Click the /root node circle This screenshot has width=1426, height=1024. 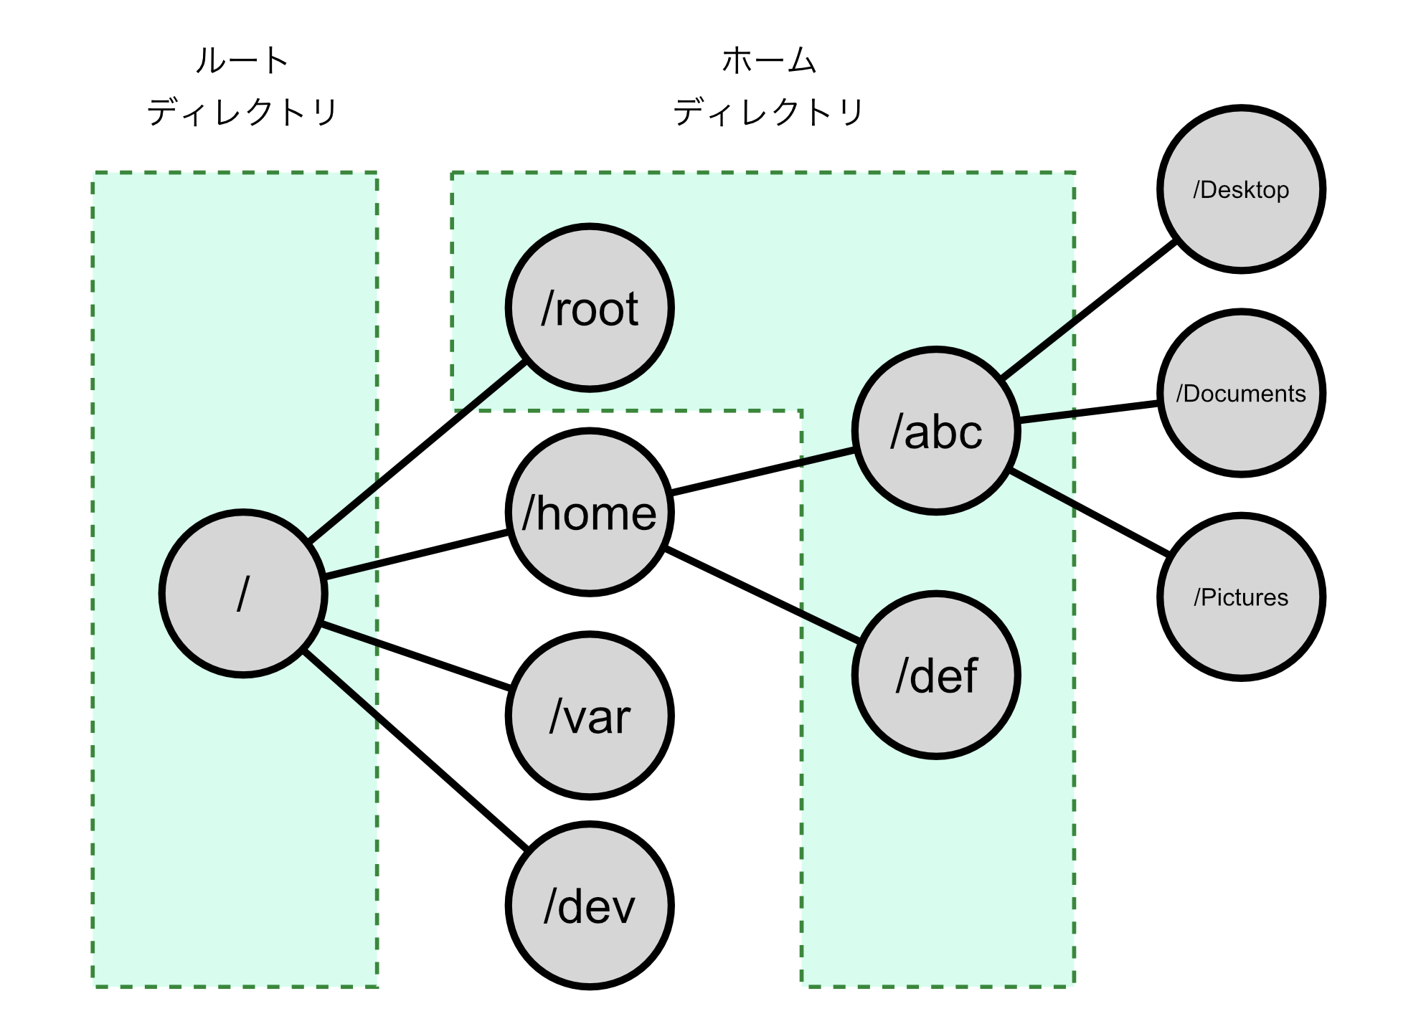[590, 308]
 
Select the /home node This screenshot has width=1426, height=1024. [590, 512]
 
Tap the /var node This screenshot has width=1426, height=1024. [590, 716]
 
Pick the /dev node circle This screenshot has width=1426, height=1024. [590, 906]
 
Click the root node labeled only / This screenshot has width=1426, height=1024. [243, 593]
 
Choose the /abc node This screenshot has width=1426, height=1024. [936, 431]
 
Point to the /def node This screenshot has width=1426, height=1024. [936, 675]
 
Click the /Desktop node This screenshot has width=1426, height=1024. [1241, 189]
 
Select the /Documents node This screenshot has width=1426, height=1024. [1241, 393]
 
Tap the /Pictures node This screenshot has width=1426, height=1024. [1241, 597]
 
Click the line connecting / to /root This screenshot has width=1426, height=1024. [418, 451]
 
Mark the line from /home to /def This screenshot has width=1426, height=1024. [762, 595]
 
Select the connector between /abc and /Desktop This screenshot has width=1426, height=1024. [1089, 310]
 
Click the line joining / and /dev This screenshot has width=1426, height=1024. [416, 750]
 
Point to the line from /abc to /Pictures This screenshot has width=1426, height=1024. [1089, 513]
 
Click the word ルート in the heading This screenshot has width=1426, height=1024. [242, 60]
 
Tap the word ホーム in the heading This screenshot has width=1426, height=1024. [769, 60]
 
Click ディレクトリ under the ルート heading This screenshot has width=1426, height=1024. [242, 113]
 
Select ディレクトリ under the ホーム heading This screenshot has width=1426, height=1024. [769, 113]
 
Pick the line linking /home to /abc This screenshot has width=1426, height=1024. [762, 471]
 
